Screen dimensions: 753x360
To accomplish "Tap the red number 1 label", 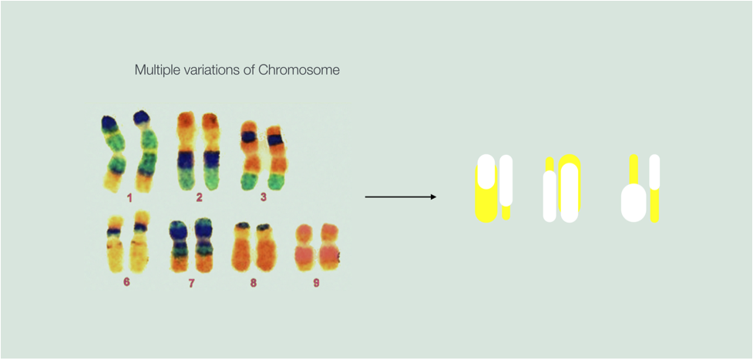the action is coord(129,197).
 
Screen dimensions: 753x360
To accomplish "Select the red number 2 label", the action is coord(199,197).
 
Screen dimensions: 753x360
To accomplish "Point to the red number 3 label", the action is coord(263,197).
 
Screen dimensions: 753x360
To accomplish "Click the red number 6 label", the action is coord(126,282).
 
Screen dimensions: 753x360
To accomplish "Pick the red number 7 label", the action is coord(192,284).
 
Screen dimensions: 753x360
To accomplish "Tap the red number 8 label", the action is coord(253,283).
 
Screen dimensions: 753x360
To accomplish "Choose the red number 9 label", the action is coord(316,283).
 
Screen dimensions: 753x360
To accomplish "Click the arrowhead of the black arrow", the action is coord(433,197).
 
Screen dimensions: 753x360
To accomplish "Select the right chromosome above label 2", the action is coord(210,151).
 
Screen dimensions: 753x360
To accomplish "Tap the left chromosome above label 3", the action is coord(249,156).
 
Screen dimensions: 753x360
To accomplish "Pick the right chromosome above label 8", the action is coord(267,247).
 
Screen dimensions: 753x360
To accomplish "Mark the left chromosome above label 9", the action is coord(304,246).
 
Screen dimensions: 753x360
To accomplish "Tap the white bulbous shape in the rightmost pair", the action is coord(634,204).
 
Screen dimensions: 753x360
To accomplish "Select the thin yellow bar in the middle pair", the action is coord(550,165).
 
